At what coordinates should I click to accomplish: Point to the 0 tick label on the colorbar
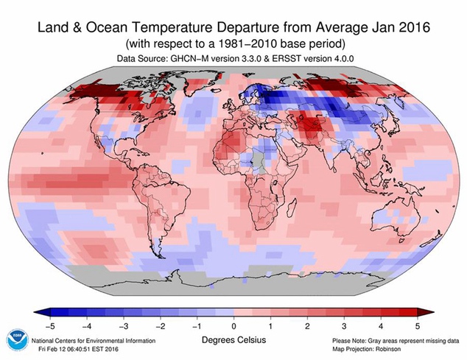233,325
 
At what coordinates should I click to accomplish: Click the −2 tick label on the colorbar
159,325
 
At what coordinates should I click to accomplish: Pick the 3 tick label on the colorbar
345,325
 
